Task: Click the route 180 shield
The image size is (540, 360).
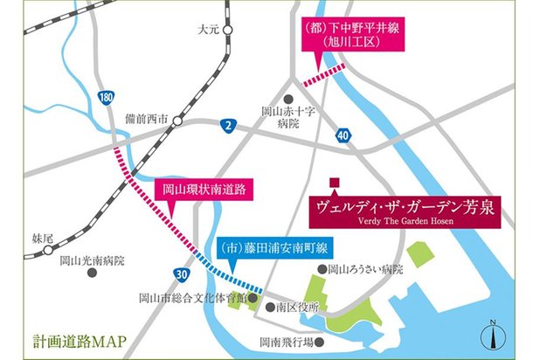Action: (x=107, y=97)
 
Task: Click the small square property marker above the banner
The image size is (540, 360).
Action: (x=334, y=183)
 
